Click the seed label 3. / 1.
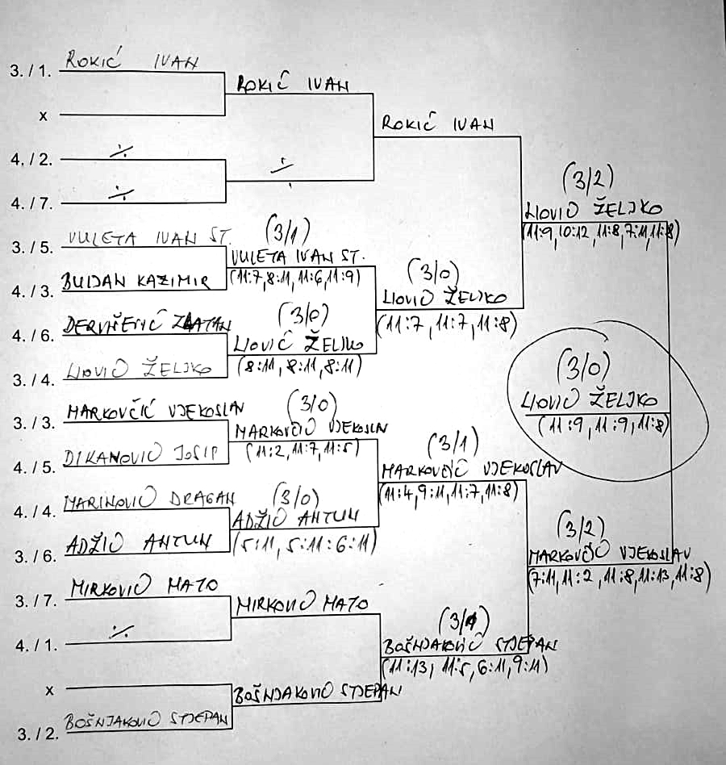tap(31, 71)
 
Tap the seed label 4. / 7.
tap(31, 203)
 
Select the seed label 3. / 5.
tap(31, 247)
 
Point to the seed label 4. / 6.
tap(31, 335)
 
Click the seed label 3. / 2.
tap(31, 734)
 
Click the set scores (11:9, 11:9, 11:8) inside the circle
tap(605, 425)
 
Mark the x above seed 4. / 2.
tap(44, 115)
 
